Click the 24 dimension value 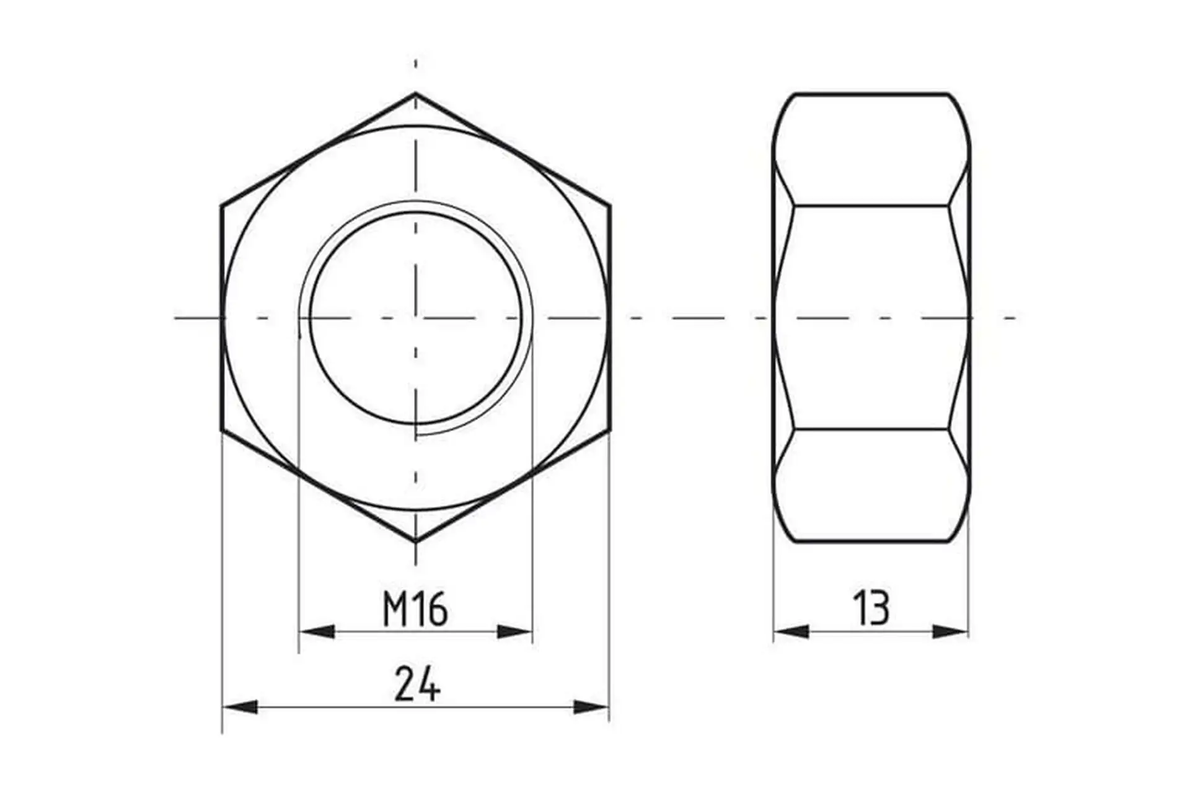[417, 684]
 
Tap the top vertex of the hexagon [415, 93]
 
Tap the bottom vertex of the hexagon [415, 542]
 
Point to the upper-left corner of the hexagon [221, 205]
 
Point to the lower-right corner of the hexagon [610, 430]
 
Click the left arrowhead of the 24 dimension [240, 706]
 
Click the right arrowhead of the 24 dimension [591, 706]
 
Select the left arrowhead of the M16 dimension [317, 631]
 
